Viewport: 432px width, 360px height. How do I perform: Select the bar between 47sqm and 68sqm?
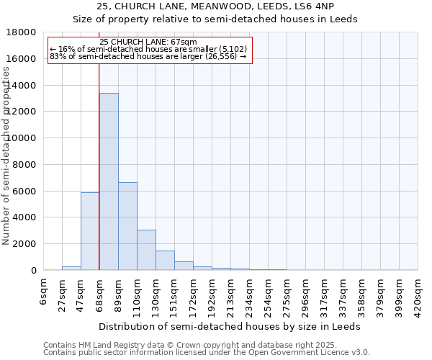point(90,231)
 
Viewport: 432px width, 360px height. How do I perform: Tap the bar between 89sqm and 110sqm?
point(127,226)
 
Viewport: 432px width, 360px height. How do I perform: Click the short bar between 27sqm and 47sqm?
point(71,268)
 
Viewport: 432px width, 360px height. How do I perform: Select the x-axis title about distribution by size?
point(230,326)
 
